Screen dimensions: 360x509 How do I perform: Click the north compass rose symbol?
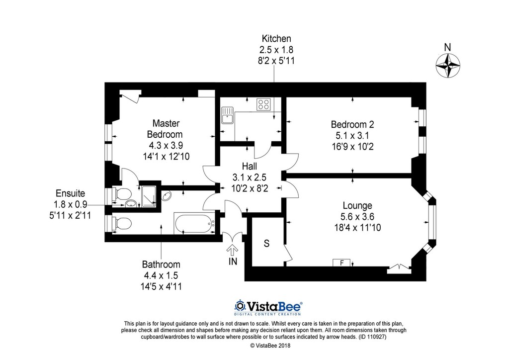tap(447, 65)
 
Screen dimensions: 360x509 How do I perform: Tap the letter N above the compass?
tap(447, 47)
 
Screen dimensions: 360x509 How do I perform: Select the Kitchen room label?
tap(276, 38)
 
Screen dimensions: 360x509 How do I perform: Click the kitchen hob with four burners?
tap(263, 104)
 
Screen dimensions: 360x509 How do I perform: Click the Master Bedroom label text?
tap(166, 129)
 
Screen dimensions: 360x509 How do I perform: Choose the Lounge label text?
tap(357, 205)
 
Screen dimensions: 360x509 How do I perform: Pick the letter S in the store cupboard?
tap(266, 244)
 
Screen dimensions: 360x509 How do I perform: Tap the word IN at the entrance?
tap(233, 262)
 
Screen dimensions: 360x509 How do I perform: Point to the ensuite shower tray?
tap(149, 196)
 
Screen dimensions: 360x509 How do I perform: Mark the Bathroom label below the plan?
tap(161, 265)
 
